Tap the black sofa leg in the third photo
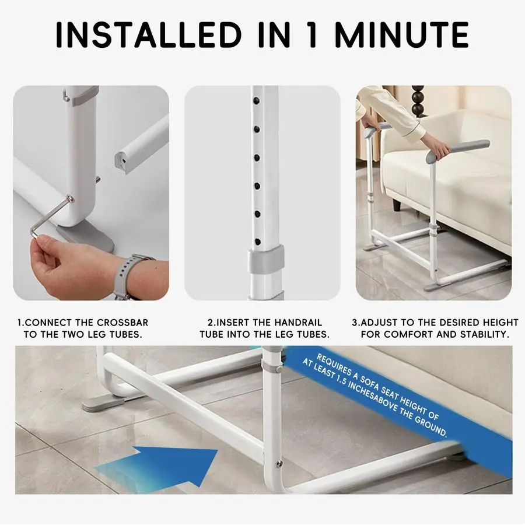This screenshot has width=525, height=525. click(397, 205)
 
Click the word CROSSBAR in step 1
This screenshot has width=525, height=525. click(123, 323)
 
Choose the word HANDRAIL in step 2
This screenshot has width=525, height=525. click(296, 323)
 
